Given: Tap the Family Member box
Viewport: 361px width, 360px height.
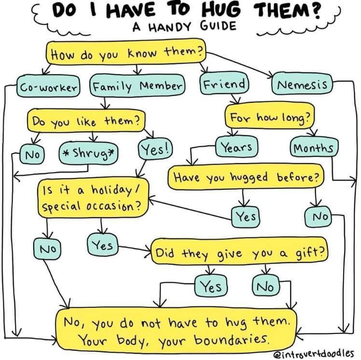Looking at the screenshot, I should pos(137,86).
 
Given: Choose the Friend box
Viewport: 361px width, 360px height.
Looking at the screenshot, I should pos(224,84).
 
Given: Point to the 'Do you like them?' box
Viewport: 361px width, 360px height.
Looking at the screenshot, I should pos(87,120).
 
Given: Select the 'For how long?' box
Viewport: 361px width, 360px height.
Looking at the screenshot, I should pos(269,116).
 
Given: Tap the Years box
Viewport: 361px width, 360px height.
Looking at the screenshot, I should pos(236,147).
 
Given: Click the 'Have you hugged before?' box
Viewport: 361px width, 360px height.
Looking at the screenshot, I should pos(246,177).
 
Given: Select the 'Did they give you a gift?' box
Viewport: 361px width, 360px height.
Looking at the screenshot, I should pos(239,252).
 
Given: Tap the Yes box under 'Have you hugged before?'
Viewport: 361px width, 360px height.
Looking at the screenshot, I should pos(246,217).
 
